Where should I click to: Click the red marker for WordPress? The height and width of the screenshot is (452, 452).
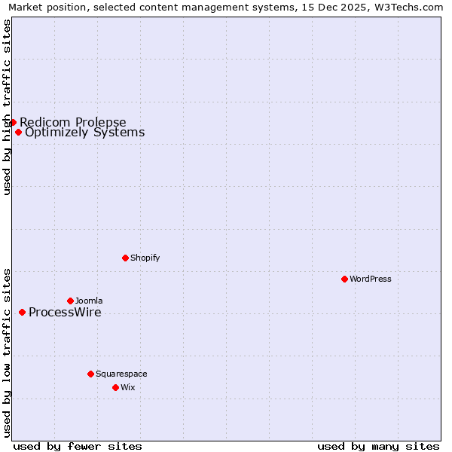344,279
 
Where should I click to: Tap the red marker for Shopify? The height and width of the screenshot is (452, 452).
125,258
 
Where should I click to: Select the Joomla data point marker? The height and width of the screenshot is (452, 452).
70,301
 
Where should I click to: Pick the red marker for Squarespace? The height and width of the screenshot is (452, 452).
90,374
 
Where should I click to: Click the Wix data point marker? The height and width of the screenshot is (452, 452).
115,387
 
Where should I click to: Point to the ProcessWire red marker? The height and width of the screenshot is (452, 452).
22,312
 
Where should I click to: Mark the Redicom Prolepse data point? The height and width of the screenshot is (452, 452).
13,122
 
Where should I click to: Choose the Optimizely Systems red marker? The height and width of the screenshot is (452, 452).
18,133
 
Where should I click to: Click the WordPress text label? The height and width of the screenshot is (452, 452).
371,279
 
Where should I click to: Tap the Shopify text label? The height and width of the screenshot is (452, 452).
145,258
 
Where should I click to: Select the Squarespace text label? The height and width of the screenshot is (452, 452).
121,374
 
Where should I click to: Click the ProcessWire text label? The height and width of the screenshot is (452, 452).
65,313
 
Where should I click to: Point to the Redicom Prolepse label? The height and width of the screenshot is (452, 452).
73,123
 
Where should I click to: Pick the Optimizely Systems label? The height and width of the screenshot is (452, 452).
85,133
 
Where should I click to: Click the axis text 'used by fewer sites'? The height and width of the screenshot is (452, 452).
78,446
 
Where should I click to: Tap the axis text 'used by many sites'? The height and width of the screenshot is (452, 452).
378,446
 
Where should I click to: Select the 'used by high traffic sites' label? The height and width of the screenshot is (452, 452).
8,107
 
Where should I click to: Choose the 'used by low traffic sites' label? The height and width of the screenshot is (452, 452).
8,352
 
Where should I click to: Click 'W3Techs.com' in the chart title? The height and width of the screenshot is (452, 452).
408,7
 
